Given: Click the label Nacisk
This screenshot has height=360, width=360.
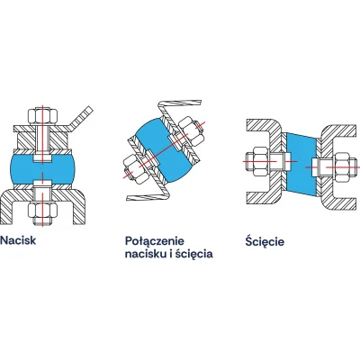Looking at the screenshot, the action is (18, 240).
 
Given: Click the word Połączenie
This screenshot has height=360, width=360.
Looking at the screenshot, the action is (155, 241).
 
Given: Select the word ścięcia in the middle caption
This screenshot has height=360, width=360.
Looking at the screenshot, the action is (194, 255).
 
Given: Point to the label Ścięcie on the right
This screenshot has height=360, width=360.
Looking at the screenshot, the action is (265, 241).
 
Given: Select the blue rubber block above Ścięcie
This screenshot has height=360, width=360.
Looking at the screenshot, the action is (301, 165).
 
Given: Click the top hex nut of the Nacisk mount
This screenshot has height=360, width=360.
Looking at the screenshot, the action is (43, 116).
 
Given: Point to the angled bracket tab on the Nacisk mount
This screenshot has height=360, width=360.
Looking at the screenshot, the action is (79, 121).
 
